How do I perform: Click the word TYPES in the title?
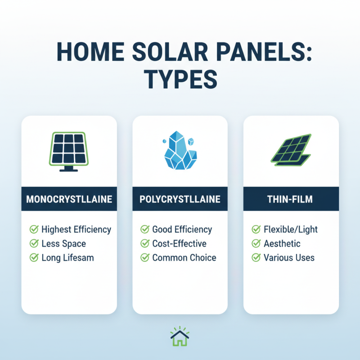pos(180,80)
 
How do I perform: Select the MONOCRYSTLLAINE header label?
pos(69,200)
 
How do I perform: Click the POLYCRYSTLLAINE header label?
pos(180,200)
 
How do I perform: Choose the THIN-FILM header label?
pos(291,200)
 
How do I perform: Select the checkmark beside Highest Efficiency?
pos(34,229)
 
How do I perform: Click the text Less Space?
pos(63,244)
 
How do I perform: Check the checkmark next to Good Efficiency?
pos(145,229)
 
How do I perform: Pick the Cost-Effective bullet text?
pos(179,244)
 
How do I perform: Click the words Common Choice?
pos(184,258)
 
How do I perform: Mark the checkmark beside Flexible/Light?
pos(256,229)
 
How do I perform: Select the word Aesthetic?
pos(282,244)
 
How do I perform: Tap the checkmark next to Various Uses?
pos(256,258)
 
